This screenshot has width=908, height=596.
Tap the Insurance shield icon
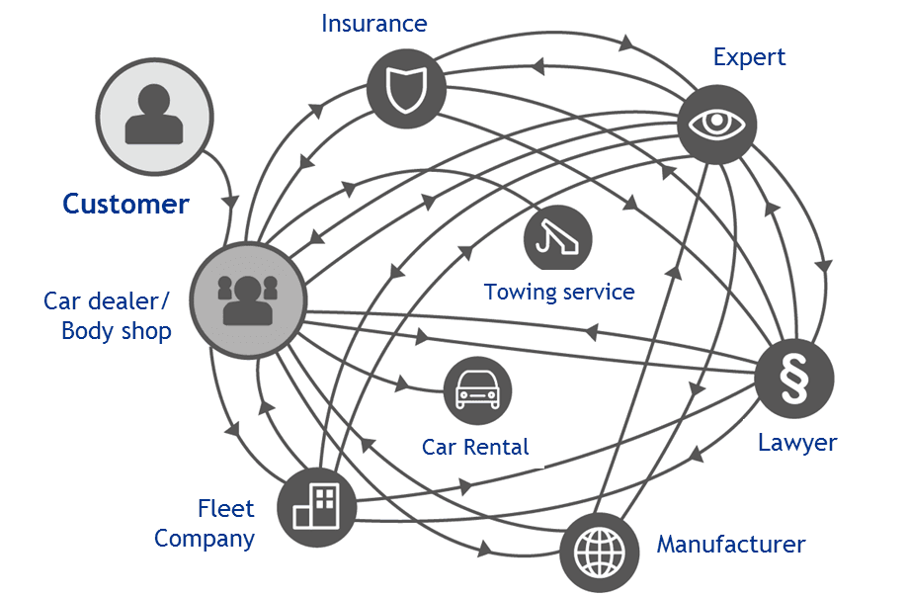coord(405,89)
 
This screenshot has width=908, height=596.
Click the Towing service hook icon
coord(558,238)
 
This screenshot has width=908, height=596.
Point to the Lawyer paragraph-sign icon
coord(793,380)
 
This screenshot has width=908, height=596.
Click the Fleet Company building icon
coord(315,507)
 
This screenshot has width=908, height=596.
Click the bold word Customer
coord(125,204)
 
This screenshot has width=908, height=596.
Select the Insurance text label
coord(373,23)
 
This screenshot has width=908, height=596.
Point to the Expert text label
coord(749,57)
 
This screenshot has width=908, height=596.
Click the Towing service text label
coord(558,292)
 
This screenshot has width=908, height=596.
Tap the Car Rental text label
coord(475,447)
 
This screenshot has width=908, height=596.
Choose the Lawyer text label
coord(796,442)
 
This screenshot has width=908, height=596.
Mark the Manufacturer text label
coord(730,544)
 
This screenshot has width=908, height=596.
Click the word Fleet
coord(225,509)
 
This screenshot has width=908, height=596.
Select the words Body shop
coord(117,330)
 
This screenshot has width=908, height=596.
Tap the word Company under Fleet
coord(205,539)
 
